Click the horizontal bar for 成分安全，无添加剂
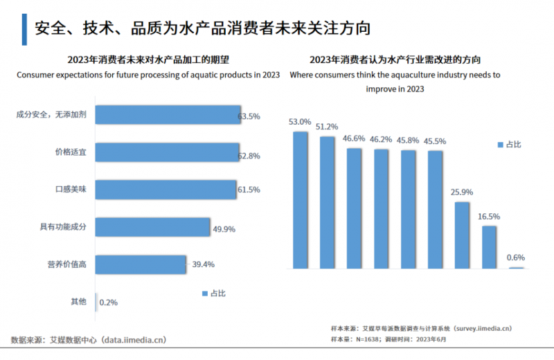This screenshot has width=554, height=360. (x=166, y=115)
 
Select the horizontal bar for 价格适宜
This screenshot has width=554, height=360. (x=166, y=152)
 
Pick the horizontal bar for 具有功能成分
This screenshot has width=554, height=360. (x=152, y=227)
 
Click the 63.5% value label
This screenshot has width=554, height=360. (x=249, y=116)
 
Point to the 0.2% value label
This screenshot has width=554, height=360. (x=108, y=303)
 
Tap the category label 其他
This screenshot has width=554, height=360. (x=78, y=301)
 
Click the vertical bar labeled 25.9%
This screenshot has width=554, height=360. (x=462, y=235)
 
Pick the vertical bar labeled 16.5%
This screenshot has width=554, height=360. (x=489, y=247)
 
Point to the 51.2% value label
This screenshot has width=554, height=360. (x=327, y=127)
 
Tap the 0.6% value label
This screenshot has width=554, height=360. (x=515, y=258)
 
